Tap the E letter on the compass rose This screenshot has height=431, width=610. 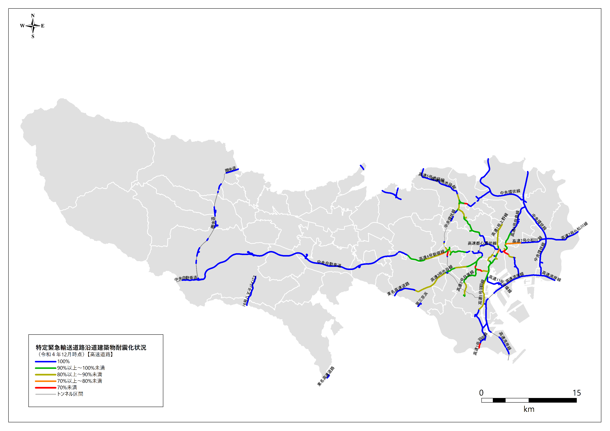click(x=43, y=26)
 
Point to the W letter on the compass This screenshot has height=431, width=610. click(x=22, y=26)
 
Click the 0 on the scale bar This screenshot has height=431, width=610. click(x=481, y=393)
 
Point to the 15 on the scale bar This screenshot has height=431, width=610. click(x=577, y=393)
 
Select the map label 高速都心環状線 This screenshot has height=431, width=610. click(x=482, y=243)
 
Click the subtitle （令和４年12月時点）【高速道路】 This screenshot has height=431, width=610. click(x=75, y=354)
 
